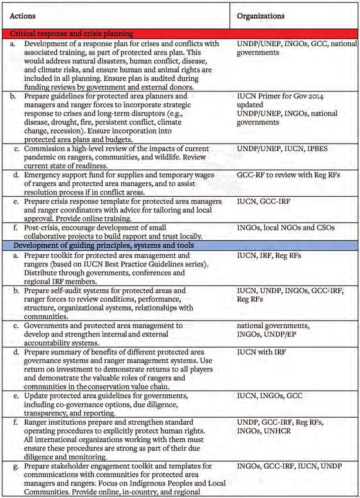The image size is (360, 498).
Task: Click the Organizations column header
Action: click(260, 16)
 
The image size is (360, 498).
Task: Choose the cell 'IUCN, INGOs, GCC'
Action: click(270, 396)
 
